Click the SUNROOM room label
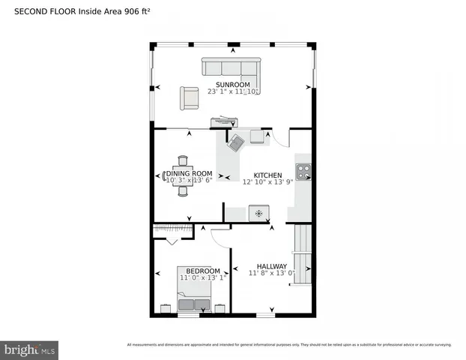(232, 84)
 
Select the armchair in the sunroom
(189, 97)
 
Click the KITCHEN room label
(267, 175)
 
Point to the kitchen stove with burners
(303, 172)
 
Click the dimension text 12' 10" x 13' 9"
(267, 183)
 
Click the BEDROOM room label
(203, 271)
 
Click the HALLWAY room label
(272, 265)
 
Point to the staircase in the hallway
(302, 255)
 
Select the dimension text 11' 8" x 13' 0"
(272, 274)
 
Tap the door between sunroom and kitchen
(279, 138)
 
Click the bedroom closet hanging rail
(172, 227)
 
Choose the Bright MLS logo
(30, 349)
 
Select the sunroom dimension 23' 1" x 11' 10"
(232, 91)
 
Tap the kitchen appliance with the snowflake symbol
(259, 214)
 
